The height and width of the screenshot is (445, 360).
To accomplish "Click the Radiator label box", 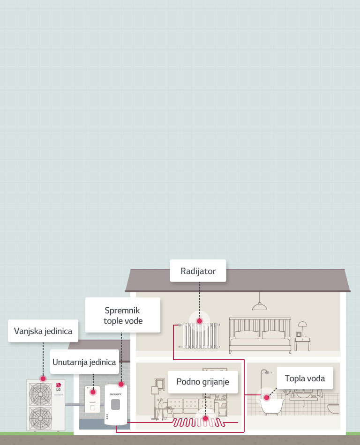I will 198,271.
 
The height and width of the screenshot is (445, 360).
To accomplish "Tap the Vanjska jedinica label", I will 43,331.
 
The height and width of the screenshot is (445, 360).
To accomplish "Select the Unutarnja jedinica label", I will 84,362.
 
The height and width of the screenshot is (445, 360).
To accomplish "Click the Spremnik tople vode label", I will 123,316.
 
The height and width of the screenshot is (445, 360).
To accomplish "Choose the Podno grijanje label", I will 203,382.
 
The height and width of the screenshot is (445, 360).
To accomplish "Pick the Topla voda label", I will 305,378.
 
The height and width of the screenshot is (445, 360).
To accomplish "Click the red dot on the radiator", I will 199,321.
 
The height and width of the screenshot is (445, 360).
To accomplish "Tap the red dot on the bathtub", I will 267,398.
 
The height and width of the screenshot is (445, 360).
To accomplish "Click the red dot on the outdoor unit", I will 43,378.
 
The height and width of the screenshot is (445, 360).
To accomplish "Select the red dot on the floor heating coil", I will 204,418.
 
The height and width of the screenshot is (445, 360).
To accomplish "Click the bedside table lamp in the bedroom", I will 302,325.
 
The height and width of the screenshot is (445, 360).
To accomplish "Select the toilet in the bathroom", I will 333,408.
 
